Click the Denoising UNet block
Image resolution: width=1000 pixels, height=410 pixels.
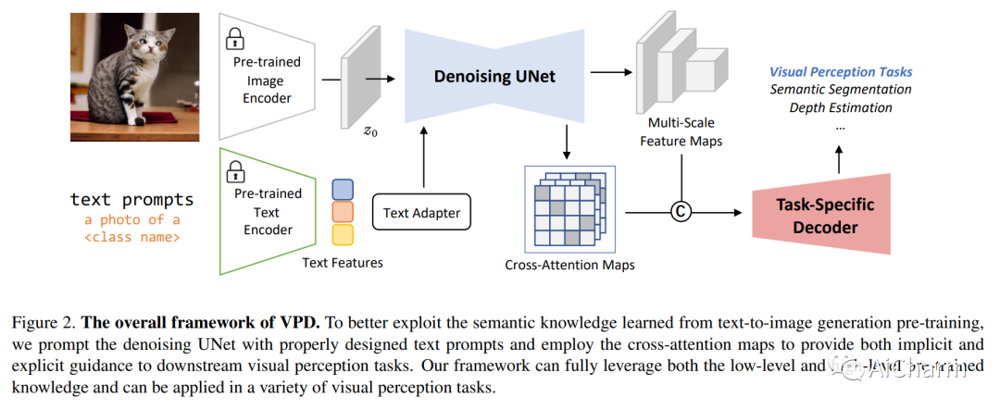pyautogui.click(x=495, y=76)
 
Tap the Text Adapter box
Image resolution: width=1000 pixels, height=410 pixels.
pyautogui.click(x=421, y=214)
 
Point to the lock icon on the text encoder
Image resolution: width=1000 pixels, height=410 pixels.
pyautogui.click(x=235, y=170)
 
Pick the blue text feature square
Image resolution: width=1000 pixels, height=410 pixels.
pyautogui.click(x=343, y=189)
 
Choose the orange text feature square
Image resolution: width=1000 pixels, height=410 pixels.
pyautogui.click(x=343, y=212)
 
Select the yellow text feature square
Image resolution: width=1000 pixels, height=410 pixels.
pyautogui.click(x=343, y=234)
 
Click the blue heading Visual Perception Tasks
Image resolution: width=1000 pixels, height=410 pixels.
pyautogui.click(x=841, y=71)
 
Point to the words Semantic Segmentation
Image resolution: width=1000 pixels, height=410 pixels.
pyautogui.click(x=841, y=90)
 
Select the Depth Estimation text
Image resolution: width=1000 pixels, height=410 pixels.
pyautogui.click(x=841, y=107)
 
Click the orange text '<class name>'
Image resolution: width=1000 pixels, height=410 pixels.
pyautogui.click(x=132, y=237)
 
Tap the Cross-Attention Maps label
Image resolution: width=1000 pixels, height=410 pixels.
pyautogui.click(x=569, y=265)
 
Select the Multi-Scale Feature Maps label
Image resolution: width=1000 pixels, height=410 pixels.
pyautogui.click(x=681, y=131)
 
